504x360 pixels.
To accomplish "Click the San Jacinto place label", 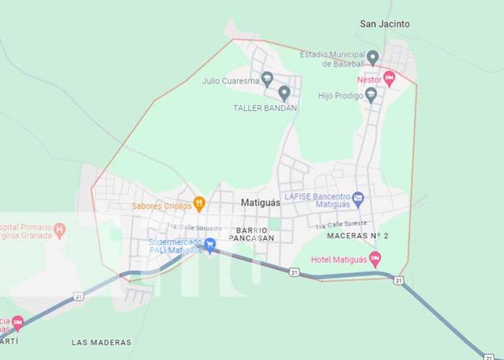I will point(385,24).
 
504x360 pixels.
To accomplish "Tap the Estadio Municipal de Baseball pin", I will point(373,57).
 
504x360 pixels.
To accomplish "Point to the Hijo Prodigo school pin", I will point(371,95).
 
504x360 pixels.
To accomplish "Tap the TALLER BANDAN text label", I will point(265,108).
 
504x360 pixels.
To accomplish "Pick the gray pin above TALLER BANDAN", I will point(284,93).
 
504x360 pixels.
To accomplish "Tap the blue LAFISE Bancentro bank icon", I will point(358,198).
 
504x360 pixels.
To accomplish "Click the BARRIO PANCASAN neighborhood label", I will point(251,234).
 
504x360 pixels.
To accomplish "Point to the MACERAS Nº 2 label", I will point(358,236).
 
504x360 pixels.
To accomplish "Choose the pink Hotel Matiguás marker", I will point(375,259).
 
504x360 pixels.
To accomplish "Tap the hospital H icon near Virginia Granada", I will point(60,230).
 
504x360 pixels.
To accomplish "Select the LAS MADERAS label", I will point(101,342).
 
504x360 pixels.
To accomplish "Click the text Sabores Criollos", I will point(161,206).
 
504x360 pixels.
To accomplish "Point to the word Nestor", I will point(369,79).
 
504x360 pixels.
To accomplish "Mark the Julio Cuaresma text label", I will point(231,81).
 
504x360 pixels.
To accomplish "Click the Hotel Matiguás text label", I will point(339,259).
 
